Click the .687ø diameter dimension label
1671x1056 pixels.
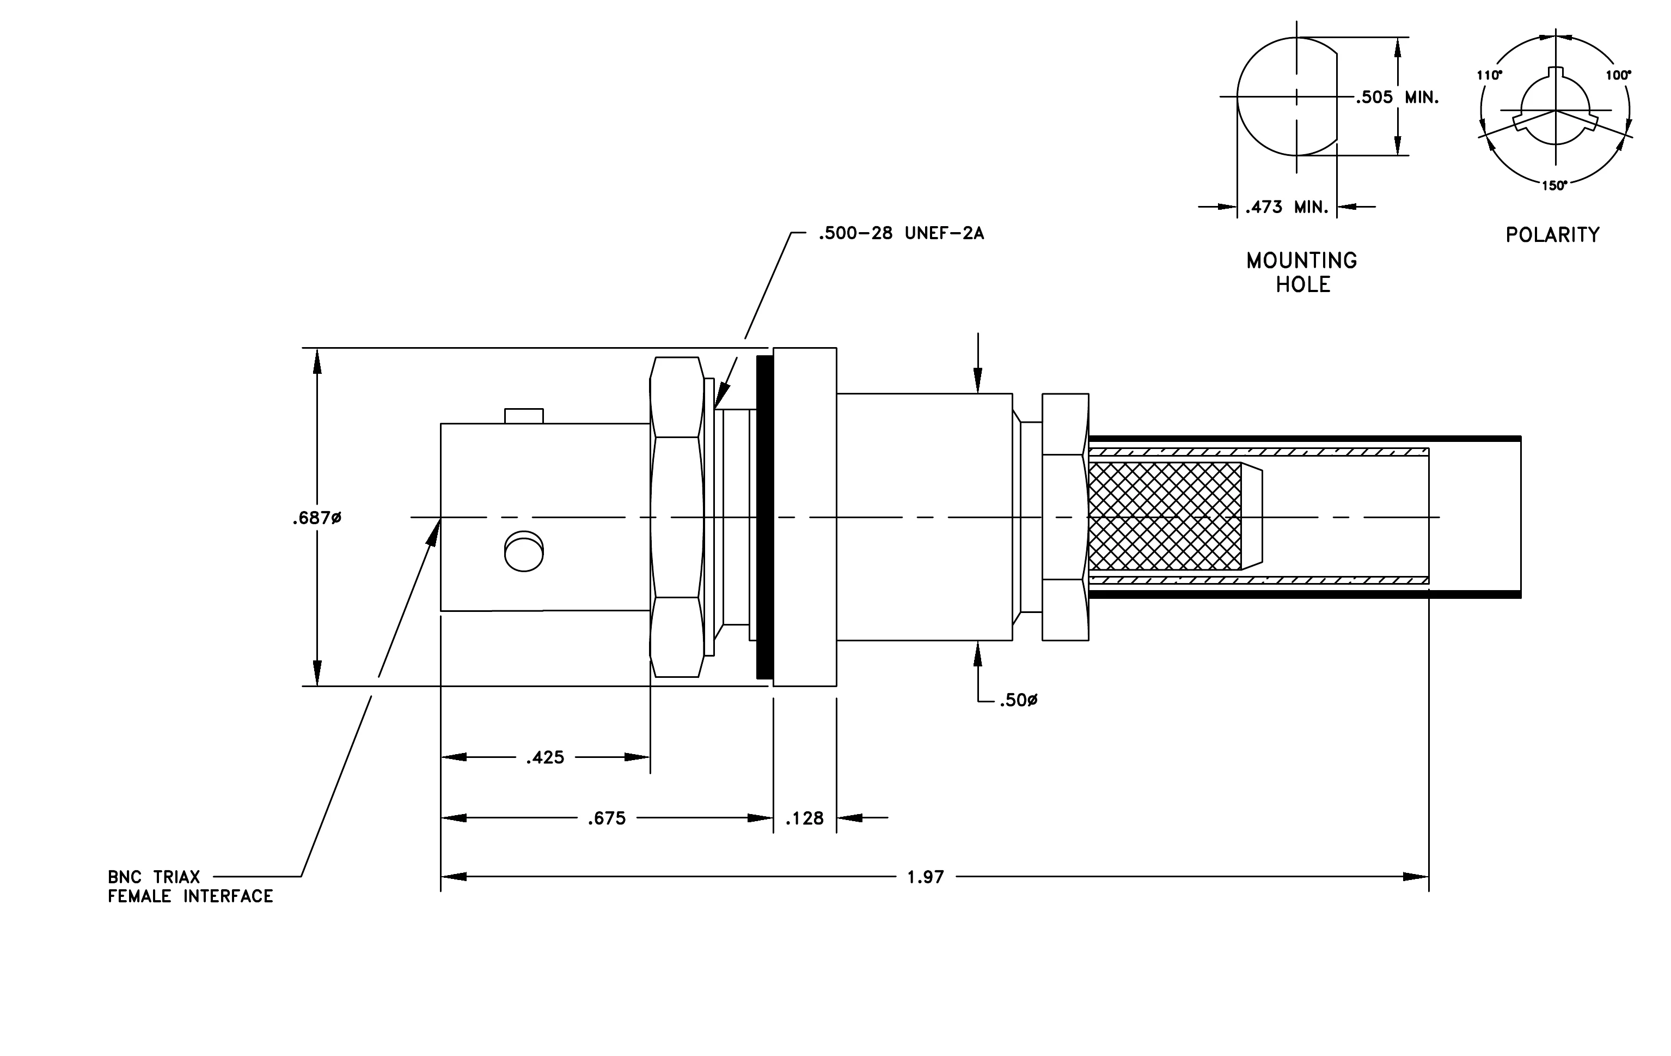pyautogui.click(x=317, y=518)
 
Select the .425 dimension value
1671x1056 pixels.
pyautogui.click(x=546, y=757)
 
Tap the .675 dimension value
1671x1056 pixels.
pyautogui.click(x=607, y=818)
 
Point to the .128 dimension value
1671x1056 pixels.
pyautogui.click(x=805, y=818)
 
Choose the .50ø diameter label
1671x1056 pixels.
pyautogui.click(x=1019, y=701)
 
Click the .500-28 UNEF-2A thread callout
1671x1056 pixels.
pyautogui.click(x=901, y=233)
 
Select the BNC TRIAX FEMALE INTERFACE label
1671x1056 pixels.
pyautogui.click(x=190, y=887)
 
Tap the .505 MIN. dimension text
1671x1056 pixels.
pyautogui.click(x=1397, y=97)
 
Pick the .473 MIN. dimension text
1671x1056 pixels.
pyautogui.click(x=1287, y=207)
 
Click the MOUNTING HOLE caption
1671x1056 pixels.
pyautogui.click(x=1302, y=272)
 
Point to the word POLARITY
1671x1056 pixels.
pyautogui.click(x=1552, y=235)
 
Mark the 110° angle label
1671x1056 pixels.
pyautogui.click(x=1489, y=75)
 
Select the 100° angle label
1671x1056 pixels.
pyautogui.click(x=1619, y=75)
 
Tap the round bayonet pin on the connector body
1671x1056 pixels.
pyautogui.click(x=524, y=551)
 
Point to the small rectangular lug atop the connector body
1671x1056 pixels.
pyautogui.click(x=524, y=416)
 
